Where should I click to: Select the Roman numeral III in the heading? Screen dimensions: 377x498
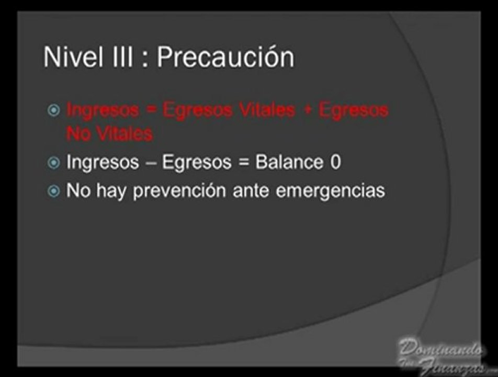[x=120, y=57]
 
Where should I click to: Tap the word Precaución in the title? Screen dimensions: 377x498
[x=225, y=57]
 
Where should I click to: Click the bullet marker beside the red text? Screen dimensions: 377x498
[x=54, y=110]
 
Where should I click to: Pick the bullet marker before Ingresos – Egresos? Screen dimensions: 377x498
[x=54, y=163]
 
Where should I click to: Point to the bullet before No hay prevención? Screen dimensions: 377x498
[x=54, y=191]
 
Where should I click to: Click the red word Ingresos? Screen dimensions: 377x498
[x=103, y=110]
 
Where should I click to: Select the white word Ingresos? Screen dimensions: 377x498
[x=103, y=162]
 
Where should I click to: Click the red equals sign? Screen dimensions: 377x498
[x=151, y=110]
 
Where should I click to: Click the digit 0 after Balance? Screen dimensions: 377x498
[x=335, y=162]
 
